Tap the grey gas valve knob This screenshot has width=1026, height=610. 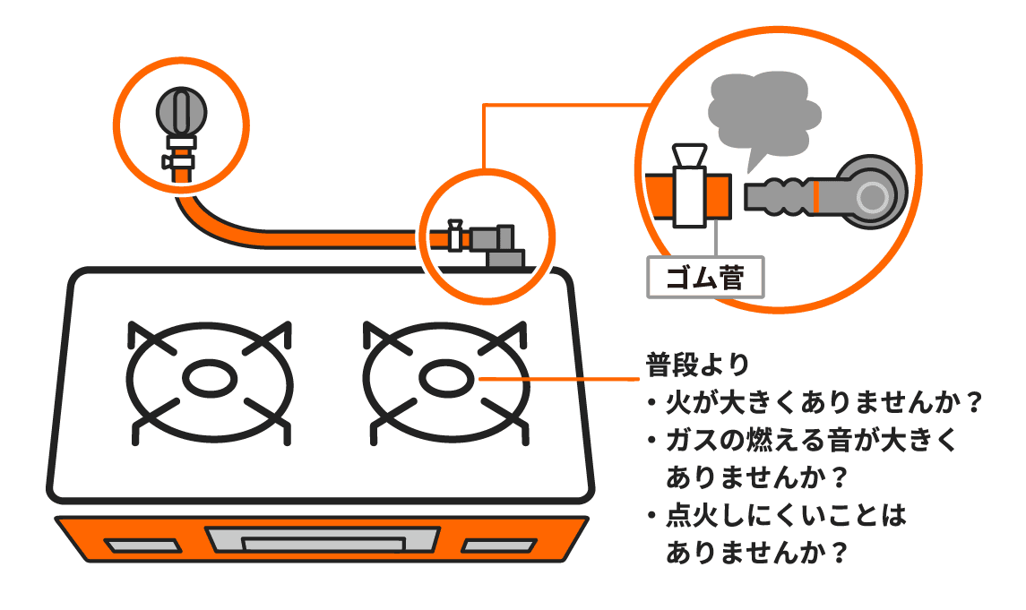(181, 110)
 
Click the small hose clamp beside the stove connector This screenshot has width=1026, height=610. (455, 236)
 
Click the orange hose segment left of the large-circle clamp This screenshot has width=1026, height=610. (658, 195)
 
